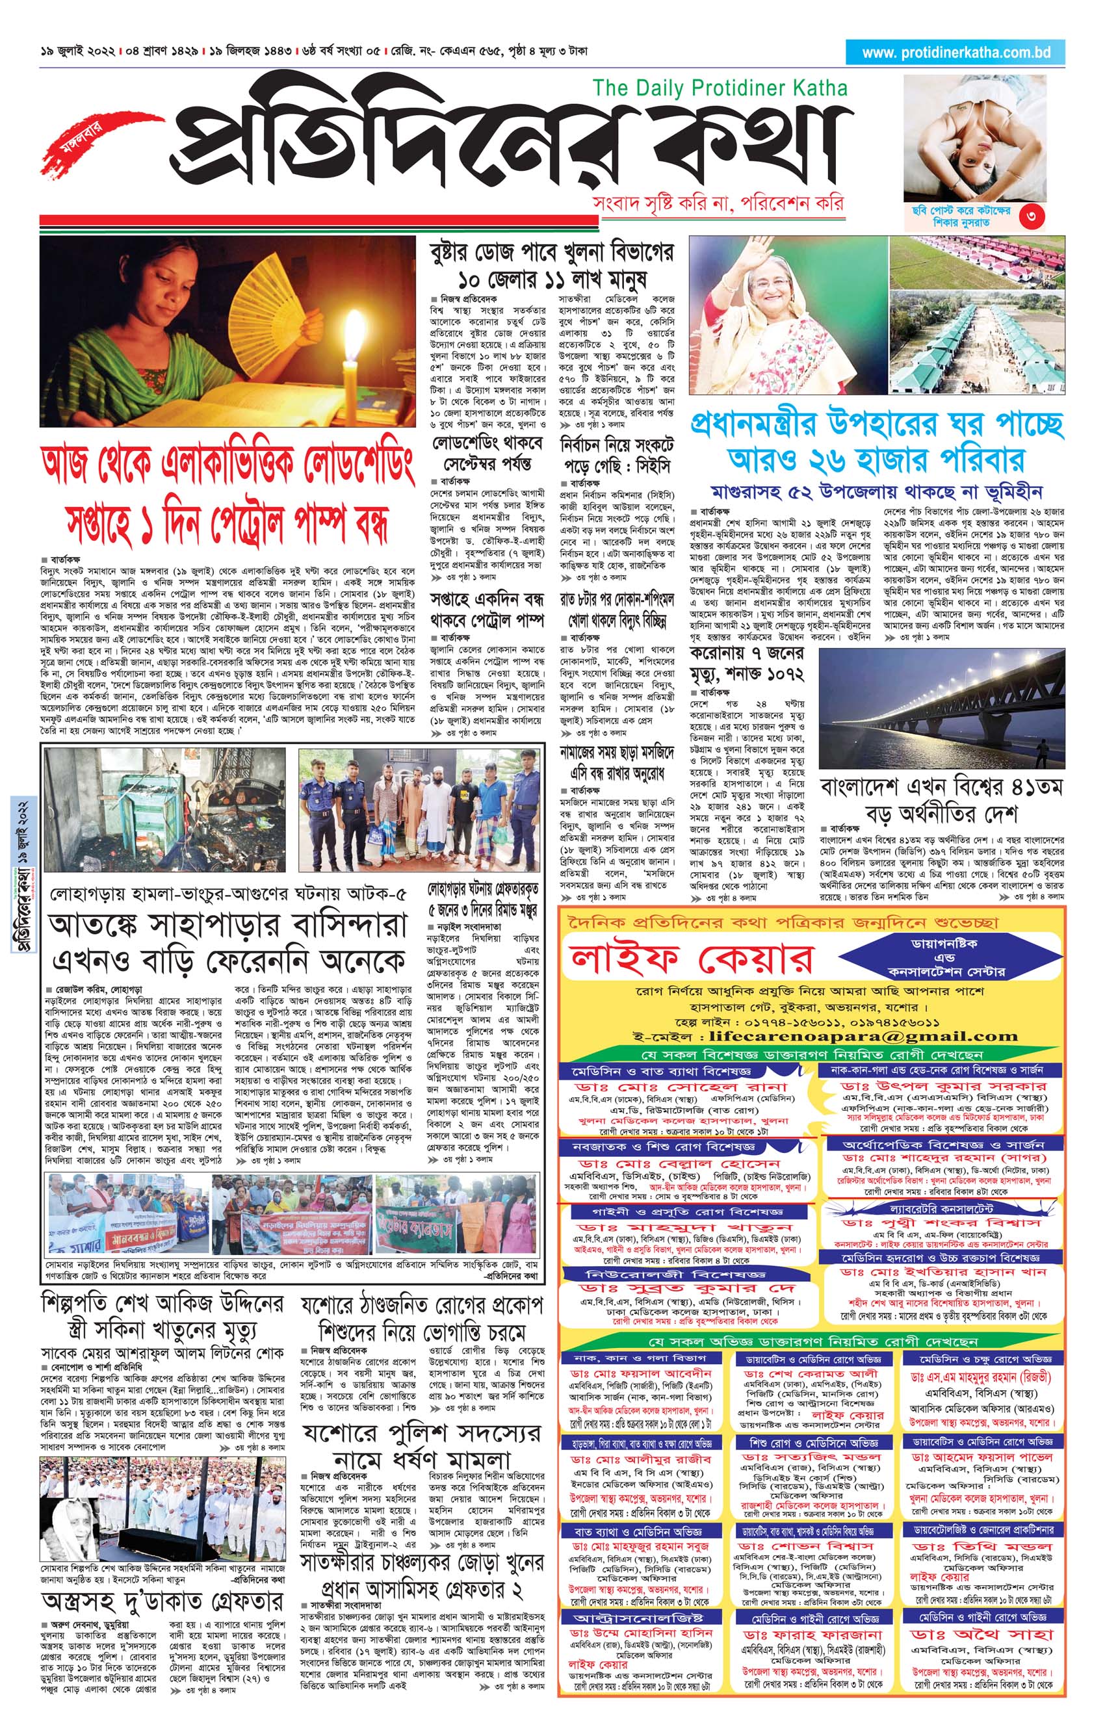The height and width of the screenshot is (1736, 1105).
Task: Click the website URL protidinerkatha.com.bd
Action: point(955,53)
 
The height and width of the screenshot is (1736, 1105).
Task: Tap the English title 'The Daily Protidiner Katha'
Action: point(720,88)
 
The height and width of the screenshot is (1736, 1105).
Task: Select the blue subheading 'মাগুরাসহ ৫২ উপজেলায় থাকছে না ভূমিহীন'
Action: point(876,493)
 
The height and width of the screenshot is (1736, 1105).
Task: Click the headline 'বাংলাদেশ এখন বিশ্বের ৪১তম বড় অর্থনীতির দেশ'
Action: point(941,800)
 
